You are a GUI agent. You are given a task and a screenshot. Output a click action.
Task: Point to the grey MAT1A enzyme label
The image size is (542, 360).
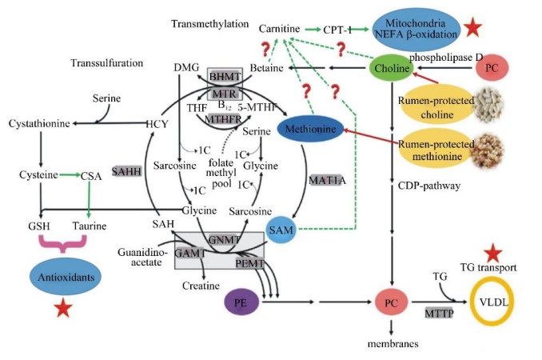click(x=327, y=181)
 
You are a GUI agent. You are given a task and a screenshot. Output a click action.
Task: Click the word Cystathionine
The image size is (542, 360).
click(x=39, y=124)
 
